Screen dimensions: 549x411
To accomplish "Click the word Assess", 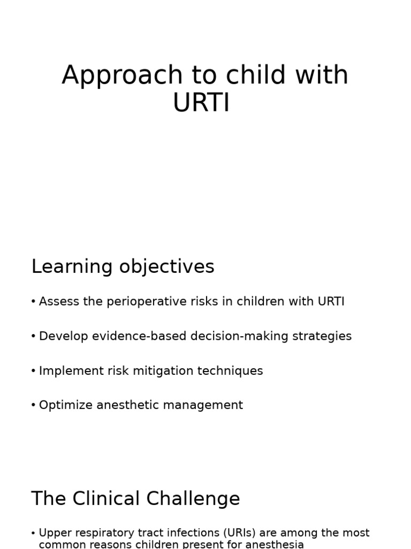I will point(56,302).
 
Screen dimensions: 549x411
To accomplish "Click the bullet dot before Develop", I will point(34,337).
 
